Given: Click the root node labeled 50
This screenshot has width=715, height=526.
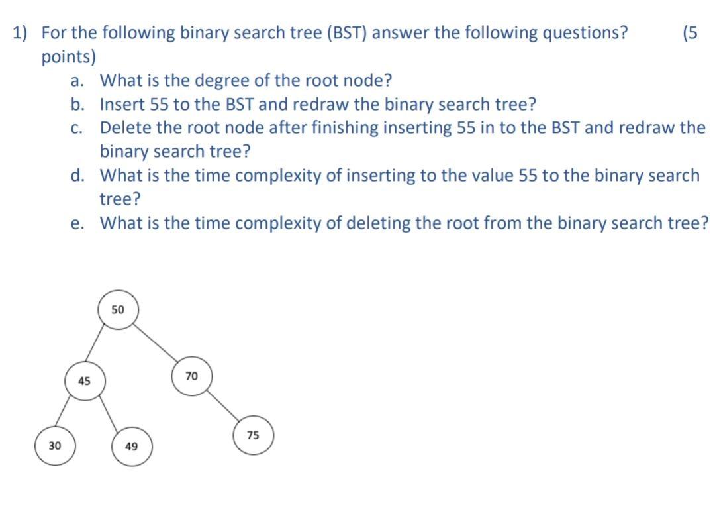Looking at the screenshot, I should point(118,310).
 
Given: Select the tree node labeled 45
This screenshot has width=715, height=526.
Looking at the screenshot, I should point(84,381).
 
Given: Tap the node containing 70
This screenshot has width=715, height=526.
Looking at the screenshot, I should point(191,376).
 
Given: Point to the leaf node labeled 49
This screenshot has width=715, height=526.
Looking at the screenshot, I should point(131,447).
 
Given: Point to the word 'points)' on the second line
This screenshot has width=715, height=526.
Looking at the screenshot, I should point(68,57).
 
